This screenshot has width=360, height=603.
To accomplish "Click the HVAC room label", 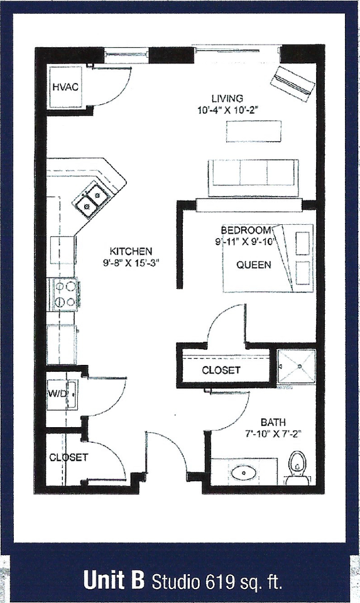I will point(65,87).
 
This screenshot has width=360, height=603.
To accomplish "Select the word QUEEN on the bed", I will point(254,264).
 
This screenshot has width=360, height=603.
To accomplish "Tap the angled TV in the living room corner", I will point(292,81).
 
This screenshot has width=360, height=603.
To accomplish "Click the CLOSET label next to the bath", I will point(221,370).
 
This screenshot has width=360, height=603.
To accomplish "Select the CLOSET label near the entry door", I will point(68,457).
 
